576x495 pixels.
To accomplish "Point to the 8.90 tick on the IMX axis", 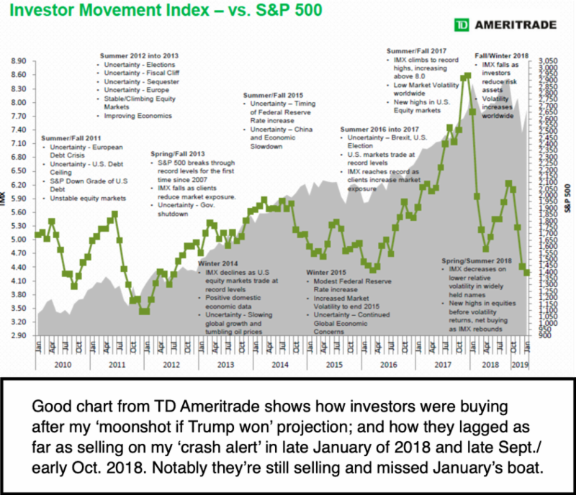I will (19, 60).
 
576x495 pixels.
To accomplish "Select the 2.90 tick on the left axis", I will (19, 335).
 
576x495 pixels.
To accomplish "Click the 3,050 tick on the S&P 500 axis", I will (548, 62).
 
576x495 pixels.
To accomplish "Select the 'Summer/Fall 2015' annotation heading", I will (274, 95).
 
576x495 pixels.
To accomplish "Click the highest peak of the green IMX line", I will (469, 74).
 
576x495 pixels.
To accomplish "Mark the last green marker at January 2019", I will (528, 273).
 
